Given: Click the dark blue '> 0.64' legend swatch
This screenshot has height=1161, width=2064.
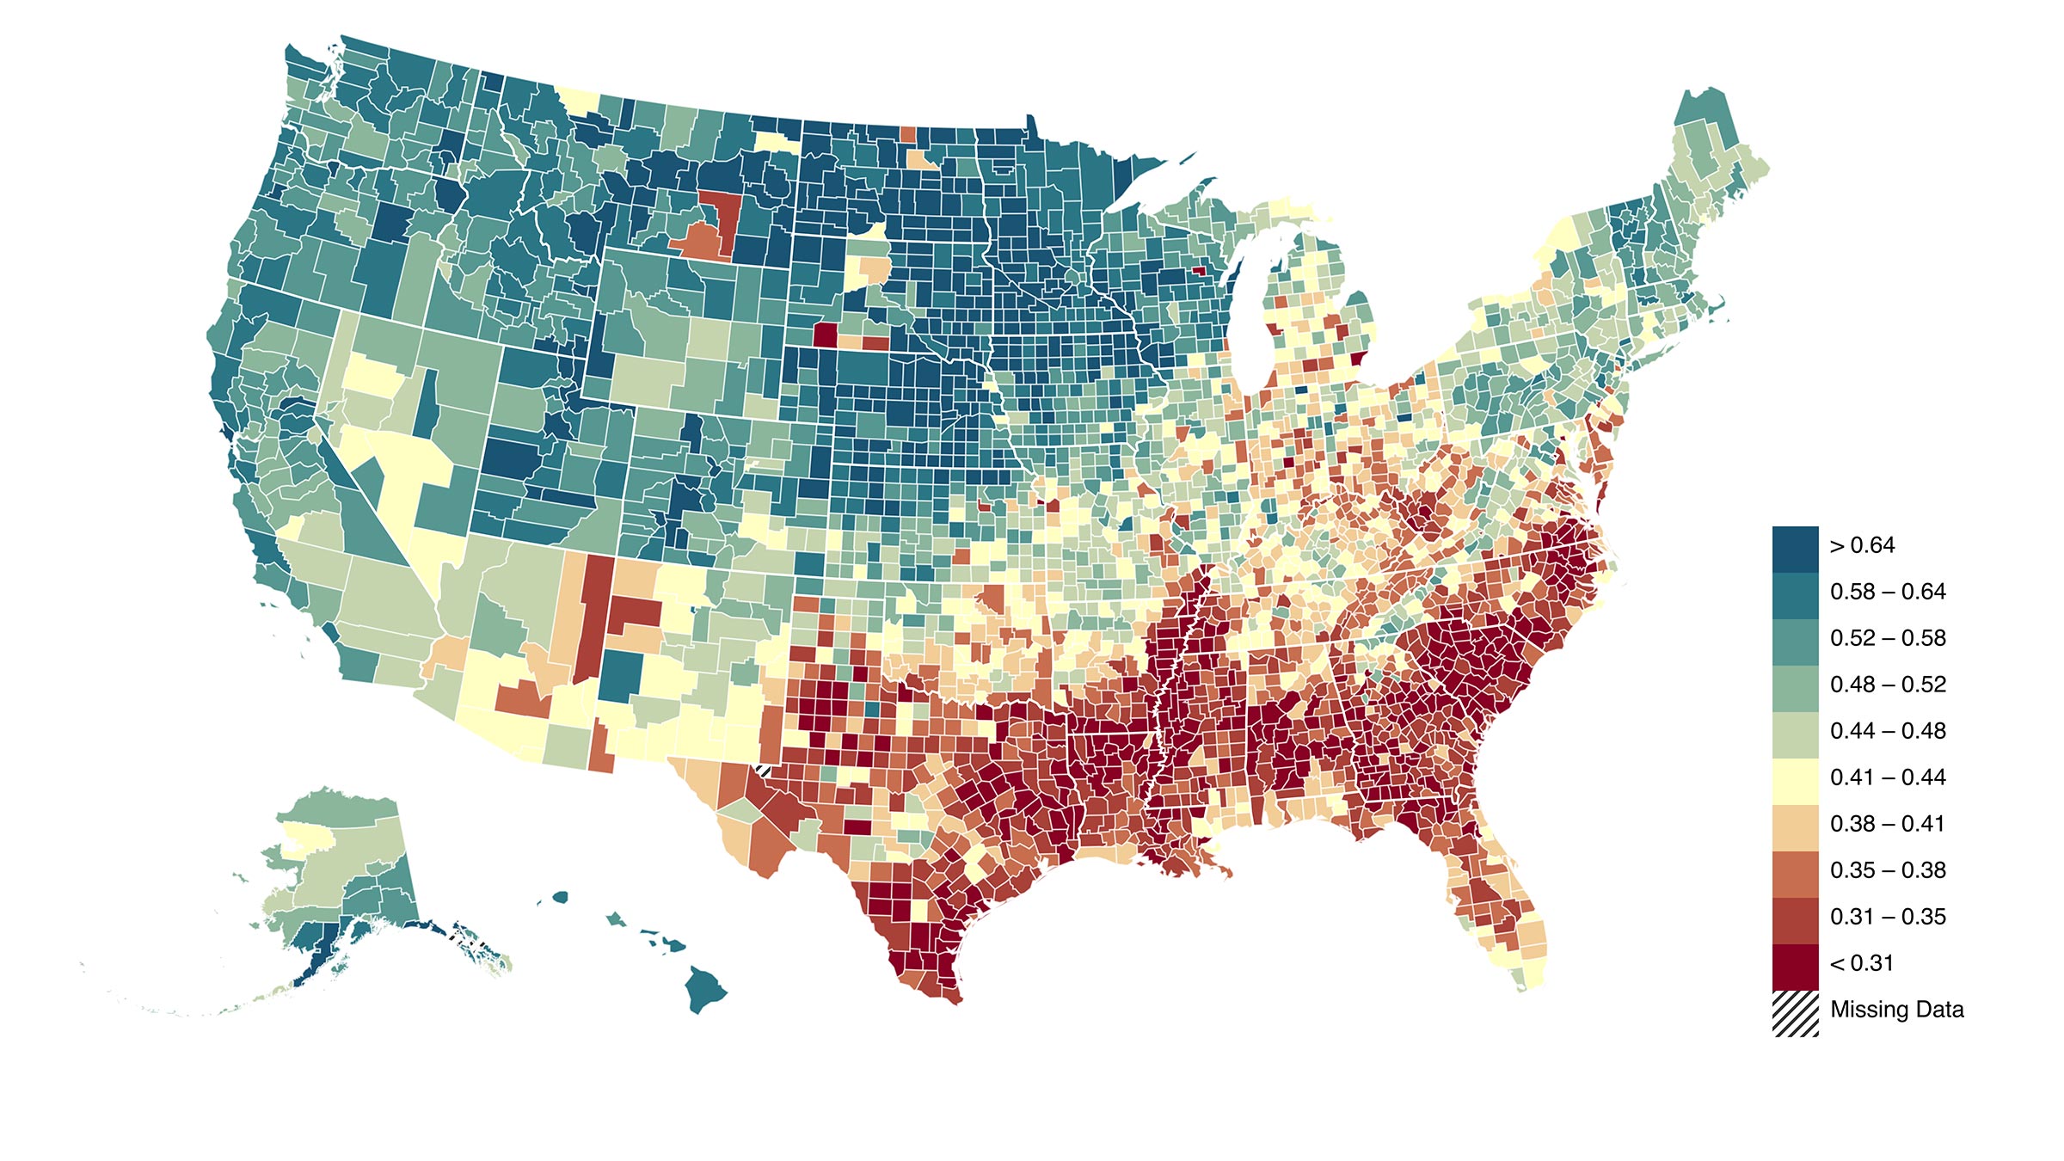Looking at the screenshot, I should [1795, 549].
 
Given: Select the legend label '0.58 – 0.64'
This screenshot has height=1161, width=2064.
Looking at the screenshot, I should [1887, 593].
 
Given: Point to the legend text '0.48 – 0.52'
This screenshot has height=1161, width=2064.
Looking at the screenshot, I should [1887, 685].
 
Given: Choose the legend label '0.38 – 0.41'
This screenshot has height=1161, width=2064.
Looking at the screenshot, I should [1887, 825].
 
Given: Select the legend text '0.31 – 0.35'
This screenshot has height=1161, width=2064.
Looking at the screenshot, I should [1887, 918].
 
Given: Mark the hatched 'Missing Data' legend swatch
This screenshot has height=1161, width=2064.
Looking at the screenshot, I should [1795, 1013].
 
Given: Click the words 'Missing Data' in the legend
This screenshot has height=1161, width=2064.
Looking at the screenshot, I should [1896, 1010].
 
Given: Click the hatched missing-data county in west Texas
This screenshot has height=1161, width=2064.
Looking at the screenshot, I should [761, 770].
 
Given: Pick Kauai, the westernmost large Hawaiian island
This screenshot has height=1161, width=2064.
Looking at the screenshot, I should [560, 897].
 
